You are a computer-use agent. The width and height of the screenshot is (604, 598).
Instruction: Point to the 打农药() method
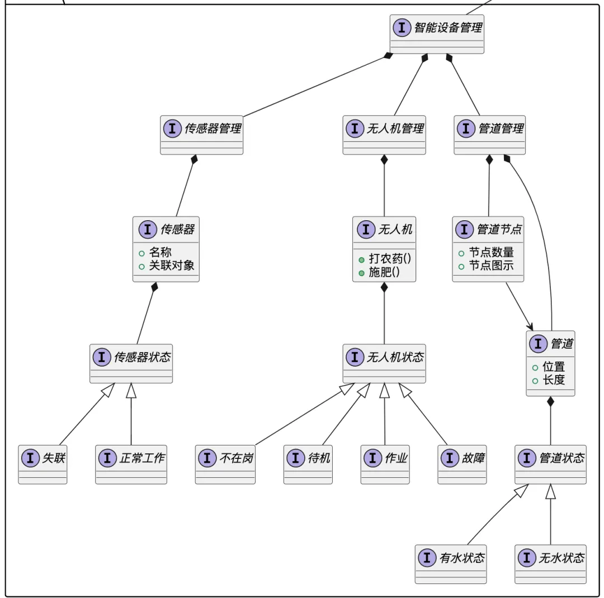pos(390,259)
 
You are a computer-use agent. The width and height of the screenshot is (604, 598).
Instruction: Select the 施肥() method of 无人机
pos(384,272)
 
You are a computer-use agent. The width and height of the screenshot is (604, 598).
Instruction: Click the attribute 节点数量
pos(491,252)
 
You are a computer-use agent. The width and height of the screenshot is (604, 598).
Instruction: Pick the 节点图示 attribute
pos(491,265)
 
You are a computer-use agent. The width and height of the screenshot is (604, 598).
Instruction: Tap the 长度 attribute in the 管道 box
pos(554,380)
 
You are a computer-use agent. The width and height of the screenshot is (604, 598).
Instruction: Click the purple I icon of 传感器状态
pos(102,357)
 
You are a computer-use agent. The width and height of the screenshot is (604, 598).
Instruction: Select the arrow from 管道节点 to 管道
pos(518,306)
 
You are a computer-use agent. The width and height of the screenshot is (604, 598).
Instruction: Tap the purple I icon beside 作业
pos(372,458)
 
